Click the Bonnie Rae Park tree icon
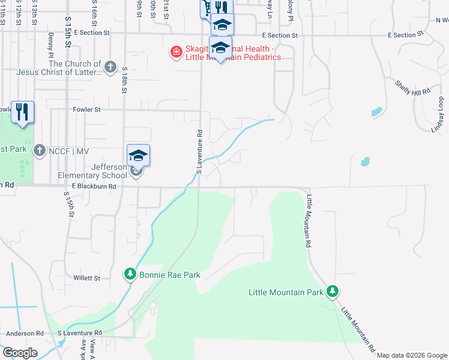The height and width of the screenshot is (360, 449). pyautogui.click(x=130, y=274)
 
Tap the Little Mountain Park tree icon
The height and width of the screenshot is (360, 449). pyautogui.click(x=333, y=292)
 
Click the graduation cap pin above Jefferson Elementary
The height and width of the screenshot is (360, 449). pyautogui.click(x=138, y=155)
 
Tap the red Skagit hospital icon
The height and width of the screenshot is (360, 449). pyautogui.click(x=176, y=52)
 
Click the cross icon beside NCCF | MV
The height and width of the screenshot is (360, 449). pyautogui.click(x=40, y=149)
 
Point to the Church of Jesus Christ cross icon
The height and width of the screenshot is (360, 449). pyautogui.click(x=110, y=67)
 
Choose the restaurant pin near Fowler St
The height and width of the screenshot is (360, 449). pyautogui.click(x=23, y=112)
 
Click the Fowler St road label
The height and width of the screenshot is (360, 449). pyautogui.click(x=88, y=110)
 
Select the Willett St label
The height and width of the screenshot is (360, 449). pyautogui.click(x=87, y=278)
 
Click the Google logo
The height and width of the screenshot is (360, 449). pyautogui.click(x=20, y=353)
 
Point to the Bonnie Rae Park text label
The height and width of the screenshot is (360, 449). pyautogui.click(x=169, y=275)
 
